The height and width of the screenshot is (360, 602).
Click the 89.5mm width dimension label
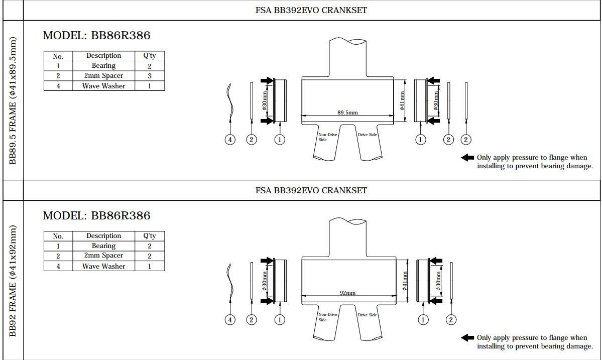(x=347, y=112)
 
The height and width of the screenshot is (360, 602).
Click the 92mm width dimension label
(x=347, y=293)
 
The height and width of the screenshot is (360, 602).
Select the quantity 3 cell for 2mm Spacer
(x=150, y=76)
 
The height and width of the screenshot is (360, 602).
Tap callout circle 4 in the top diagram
(x=230, y=140)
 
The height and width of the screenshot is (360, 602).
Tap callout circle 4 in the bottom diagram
(x=230, y=320)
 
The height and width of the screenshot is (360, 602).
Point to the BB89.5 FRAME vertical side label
(x=13, y=100)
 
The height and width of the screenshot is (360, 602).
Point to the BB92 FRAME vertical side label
(x=13, y=281)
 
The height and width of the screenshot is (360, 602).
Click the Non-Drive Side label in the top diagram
(x=327, y=137)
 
